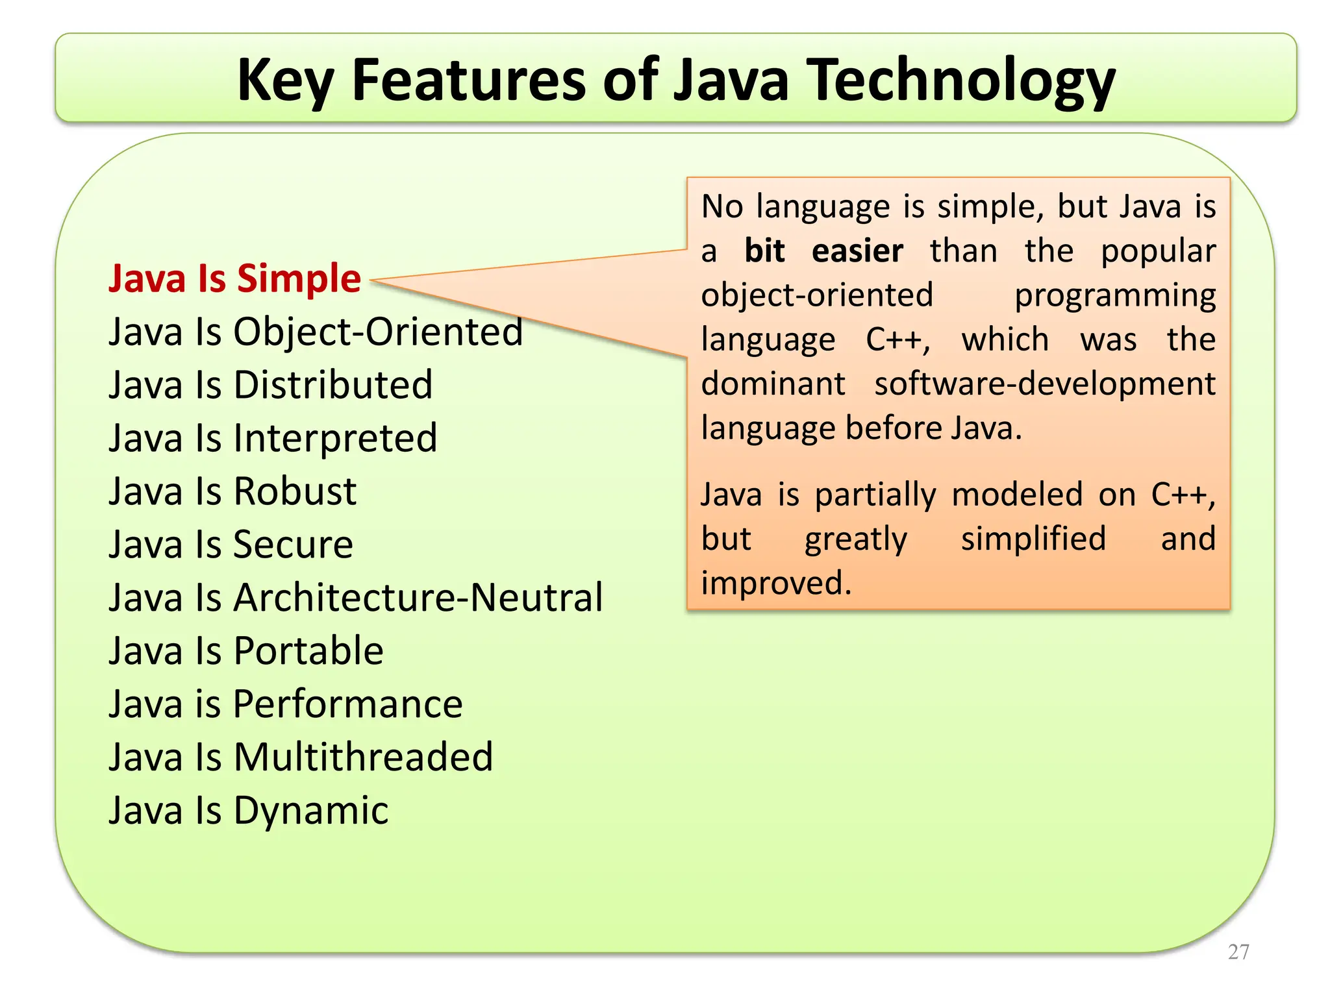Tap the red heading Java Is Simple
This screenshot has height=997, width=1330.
(x=234, y=278)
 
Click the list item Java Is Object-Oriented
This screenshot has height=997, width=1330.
(x=316, y=332)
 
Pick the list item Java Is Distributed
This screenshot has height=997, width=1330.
(x=270, y=385)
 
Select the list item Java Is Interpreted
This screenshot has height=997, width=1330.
(x=273, y=438)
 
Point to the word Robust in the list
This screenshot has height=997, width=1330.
(x=295, y=491)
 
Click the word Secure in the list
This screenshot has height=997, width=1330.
(x=293, y=545)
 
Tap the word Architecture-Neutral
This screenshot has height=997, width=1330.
(x=418, y=598)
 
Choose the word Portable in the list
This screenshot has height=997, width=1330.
(x=308, y=651)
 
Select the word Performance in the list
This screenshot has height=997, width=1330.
(x=347, y=704)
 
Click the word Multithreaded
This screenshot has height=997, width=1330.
(x=364, y=757)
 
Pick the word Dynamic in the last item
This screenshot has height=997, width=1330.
(x=311, y=811)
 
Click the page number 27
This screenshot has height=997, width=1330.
(x=1238, y=952)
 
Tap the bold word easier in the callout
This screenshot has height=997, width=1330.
(x=857, y=251)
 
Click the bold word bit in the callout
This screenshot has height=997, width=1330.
(x=764, y=251)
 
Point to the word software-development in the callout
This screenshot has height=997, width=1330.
(x=1044, y=384)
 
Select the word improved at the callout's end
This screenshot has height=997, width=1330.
(x=775, y=583)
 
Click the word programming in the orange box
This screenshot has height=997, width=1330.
(x=1115, y=296)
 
